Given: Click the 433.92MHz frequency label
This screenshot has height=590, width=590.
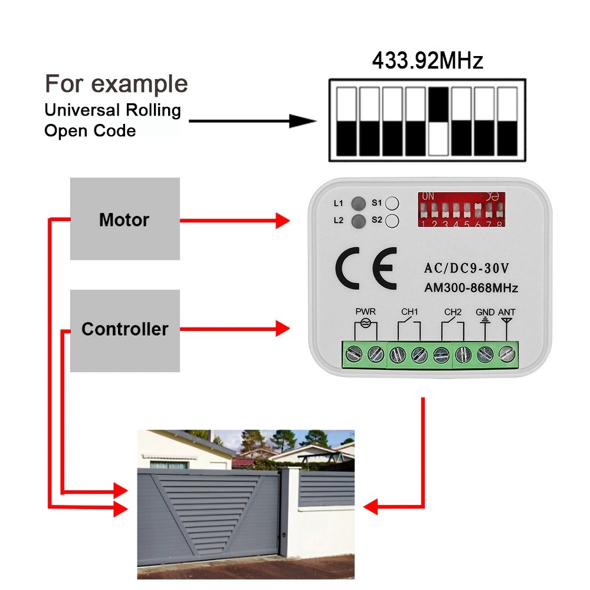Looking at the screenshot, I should tap(427, 61).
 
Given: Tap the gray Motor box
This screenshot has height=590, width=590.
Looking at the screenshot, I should tap(124, 219).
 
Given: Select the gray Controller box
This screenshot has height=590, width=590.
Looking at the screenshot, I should tap(124, 329).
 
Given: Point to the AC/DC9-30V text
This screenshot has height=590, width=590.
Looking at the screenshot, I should tap(467, 268).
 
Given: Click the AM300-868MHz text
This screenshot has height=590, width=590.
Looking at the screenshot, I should tap(471, 289).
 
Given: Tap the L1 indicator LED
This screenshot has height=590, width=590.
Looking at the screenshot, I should tap(357, 204).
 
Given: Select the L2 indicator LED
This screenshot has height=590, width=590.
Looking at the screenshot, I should tap(357, 221).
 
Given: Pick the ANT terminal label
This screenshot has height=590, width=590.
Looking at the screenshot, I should tap(506, 312).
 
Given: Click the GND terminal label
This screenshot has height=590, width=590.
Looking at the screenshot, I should tap(485, 312).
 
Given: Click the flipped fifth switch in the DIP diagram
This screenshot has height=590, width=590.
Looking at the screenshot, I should tap(438, 121).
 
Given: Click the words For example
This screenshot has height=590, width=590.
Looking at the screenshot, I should tap(116, 84).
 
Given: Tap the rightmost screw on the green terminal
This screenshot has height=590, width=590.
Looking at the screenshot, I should tap(506, 355).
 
